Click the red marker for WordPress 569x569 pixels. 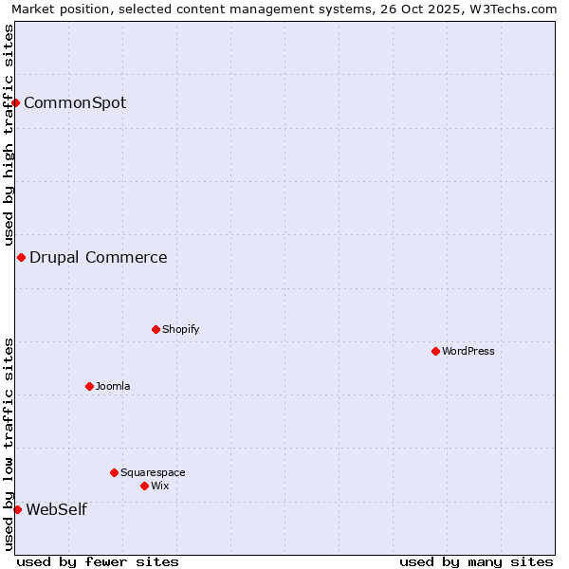(x=435, y=351)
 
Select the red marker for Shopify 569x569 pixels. (x=156, y=329)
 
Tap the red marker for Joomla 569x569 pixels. (x=89, y=386)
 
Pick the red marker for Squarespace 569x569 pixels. (x=114, y=472)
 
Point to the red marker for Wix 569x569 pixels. (x=144, y=486)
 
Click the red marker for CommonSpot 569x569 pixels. (x=16, y=102)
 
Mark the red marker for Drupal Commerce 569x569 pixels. (x=21, y=257)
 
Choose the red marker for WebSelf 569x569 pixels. (x=17, y=509)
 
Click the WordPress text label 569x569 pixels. (x=468, y=351)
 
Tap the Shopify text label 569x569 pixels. (x=180, y=329)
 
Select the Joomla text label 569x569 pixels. (x=113, y=386)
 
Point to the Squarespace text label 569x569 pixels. (x=153, y=472)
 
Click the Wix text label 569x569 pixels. (x=159, y=486)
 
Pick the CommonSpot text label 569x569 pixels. (x=75, y=102)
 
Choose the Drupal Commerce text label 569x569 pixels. (x=99, y=257)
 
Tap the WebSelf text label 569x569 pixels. (x=56, y=509)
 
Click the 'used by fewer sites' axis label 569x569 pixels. (x=98, y=561)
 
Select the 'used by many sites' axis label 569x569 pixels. (x=476, y=561)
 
